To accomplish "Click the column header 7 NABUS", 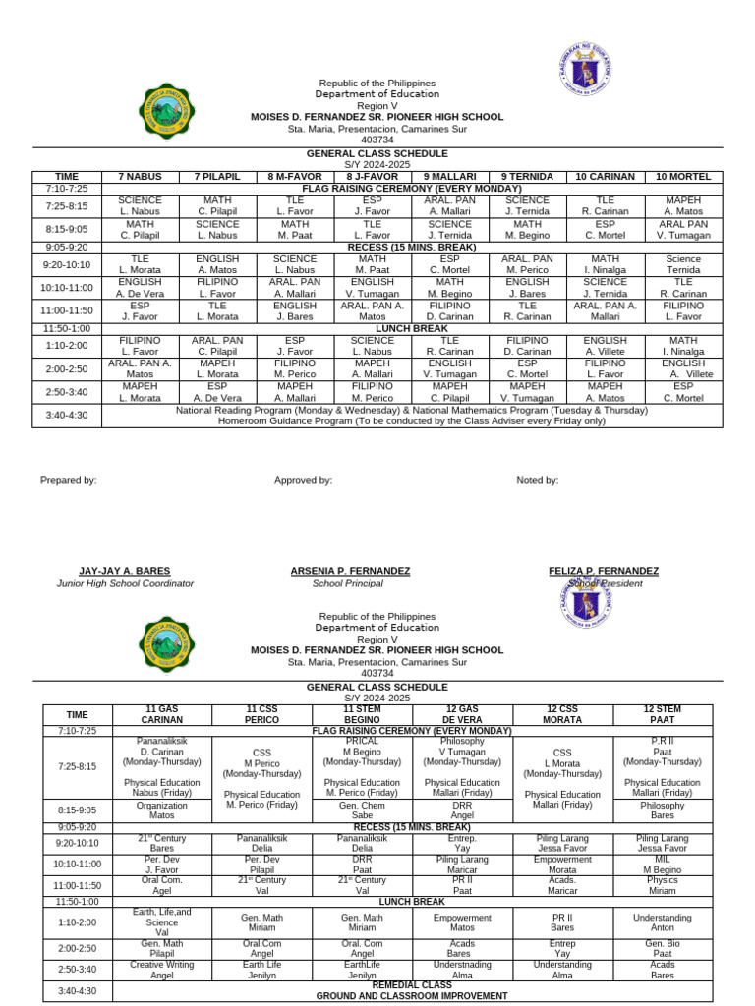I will [140, 176].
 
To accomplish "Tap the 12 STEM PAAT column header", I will [663, 713].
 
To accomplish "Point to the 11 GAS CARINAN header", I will [161, 713].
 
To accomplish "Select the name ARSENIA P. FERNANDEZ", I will [351, 571].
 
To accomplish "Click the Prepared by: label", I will [69, 480].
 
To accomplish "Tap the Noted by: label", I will [538, 480].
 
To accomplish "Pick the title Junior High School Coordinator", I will [125, 583].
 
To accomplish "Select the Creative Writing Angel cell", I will [161, 970].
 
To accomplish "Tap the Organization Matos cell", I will [161, 809].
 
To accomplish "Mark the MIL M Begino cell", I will [663, 864].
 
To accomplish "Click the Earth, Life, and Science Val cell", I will [161, 921].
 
